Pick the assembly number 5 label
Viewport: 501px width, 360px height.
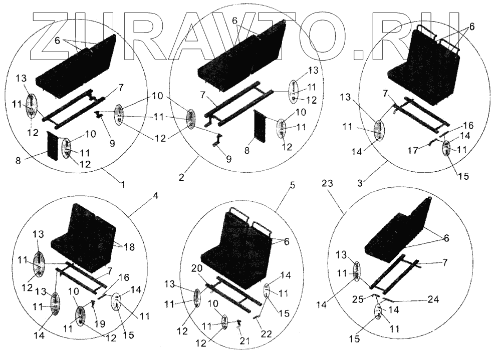[x=293, y=185]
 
